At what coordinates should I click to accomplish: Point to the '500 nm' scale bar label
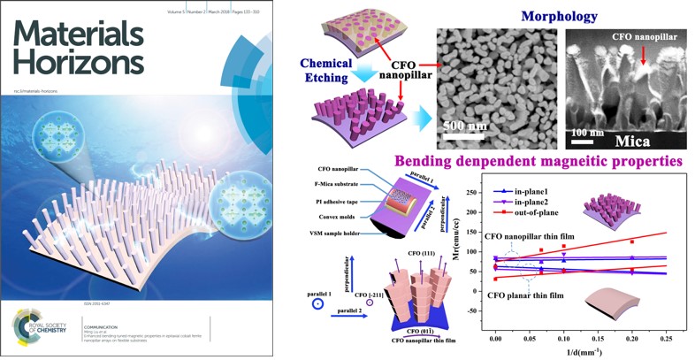pyautogui.click(x=463, y=129)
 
